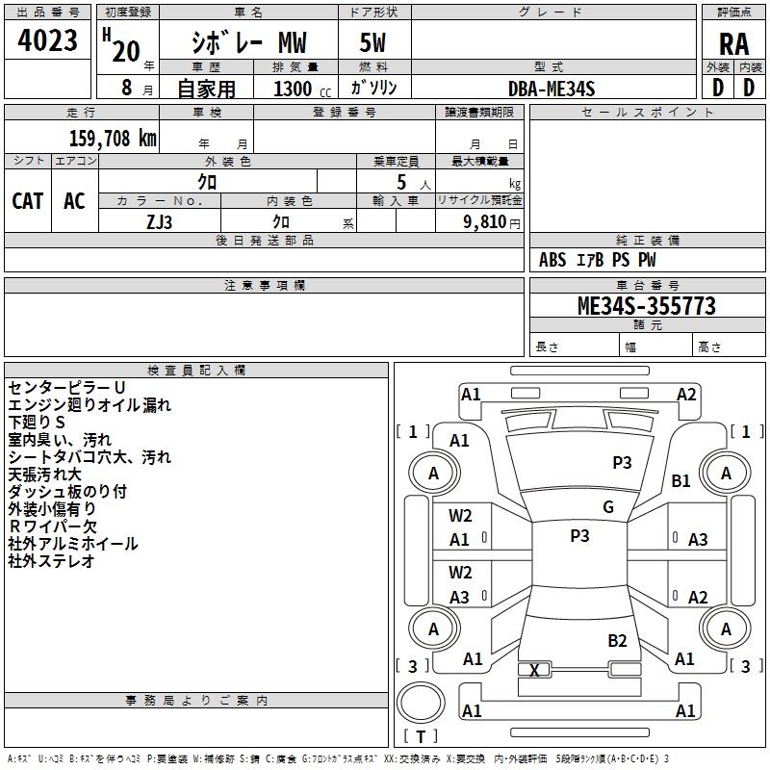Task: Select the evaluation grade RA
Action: click(733, 44)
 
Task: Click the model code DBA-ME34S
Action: click(552, 88)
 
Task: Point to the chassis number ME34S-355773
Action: click(646, 306)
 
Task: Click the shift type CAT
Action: click(28, 200)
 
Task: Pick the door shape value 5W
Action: click(373, 44)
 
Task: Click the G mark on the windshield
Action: click(608, 507)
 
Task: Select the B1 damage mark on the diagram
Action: click(681, 481)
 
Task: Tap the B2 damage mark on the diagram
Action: click(617, 641)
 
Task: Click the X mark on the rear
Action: click(535, 670)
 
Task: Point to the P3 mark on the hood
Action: click(622, 463)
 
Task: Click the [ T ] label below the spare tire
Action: click(420, 737)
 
